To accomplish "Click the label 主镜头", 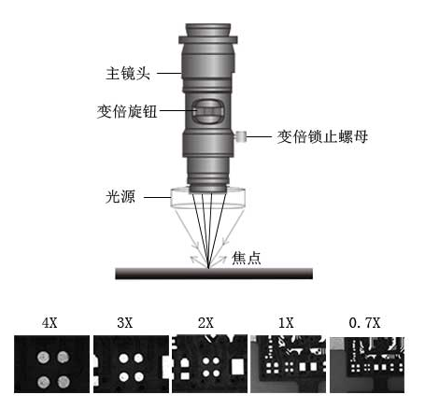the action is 128,74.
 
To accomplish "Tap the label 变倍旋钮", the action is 127,111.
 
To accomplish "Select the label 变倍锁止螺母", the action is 322,136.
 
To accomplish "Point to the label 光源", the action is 120,197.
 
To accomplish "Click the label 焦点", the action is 246,258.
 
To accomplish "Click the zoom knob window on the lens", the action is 207,111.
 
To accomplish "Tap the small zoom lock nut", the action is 240,136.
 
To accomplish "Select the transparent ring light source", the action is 208,198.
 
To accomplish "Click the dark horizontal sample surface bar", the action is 214,274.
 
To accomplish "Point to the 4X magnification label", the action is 50,323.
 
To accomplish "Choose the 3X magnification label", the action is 125,323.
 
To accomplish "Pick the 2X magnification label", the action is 205,323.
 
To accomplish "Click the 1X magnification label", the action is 286,323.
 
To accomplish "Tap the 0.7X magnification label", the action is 364,323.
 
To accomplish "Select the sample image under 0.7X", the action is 367,365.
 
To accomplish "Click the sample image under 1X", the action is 289,364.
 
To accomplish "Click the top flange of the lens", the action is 208,40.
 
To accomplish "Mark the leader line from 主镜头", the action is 169,74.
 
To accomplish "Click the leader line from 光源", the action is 157,197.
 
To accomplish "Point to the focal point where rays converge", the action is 208,268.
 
